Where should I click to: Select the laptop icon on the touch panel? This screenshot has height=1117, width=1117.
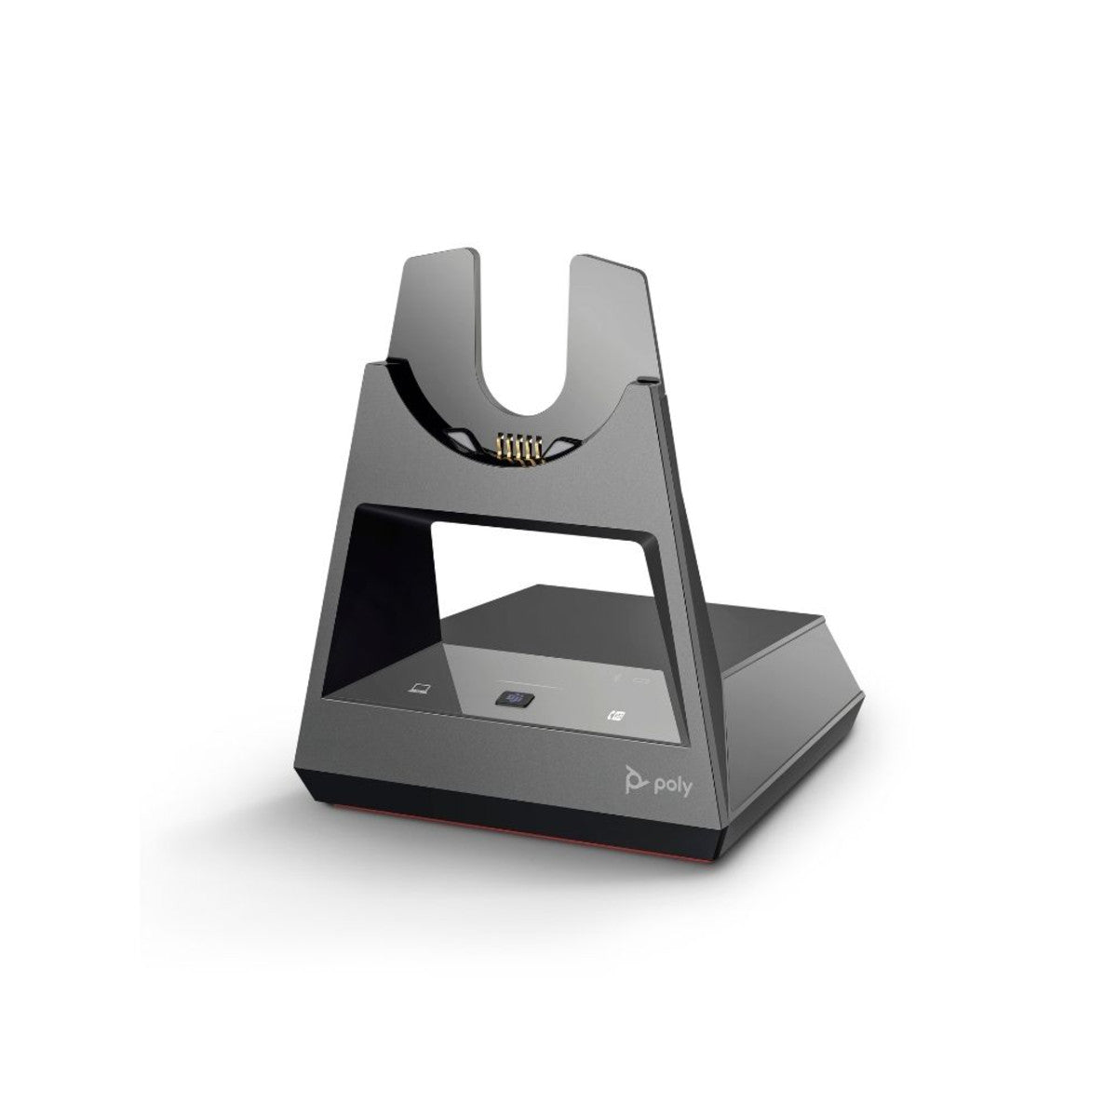421,689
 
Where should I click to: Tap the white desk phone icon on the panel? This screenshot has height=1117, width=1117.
613,717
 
